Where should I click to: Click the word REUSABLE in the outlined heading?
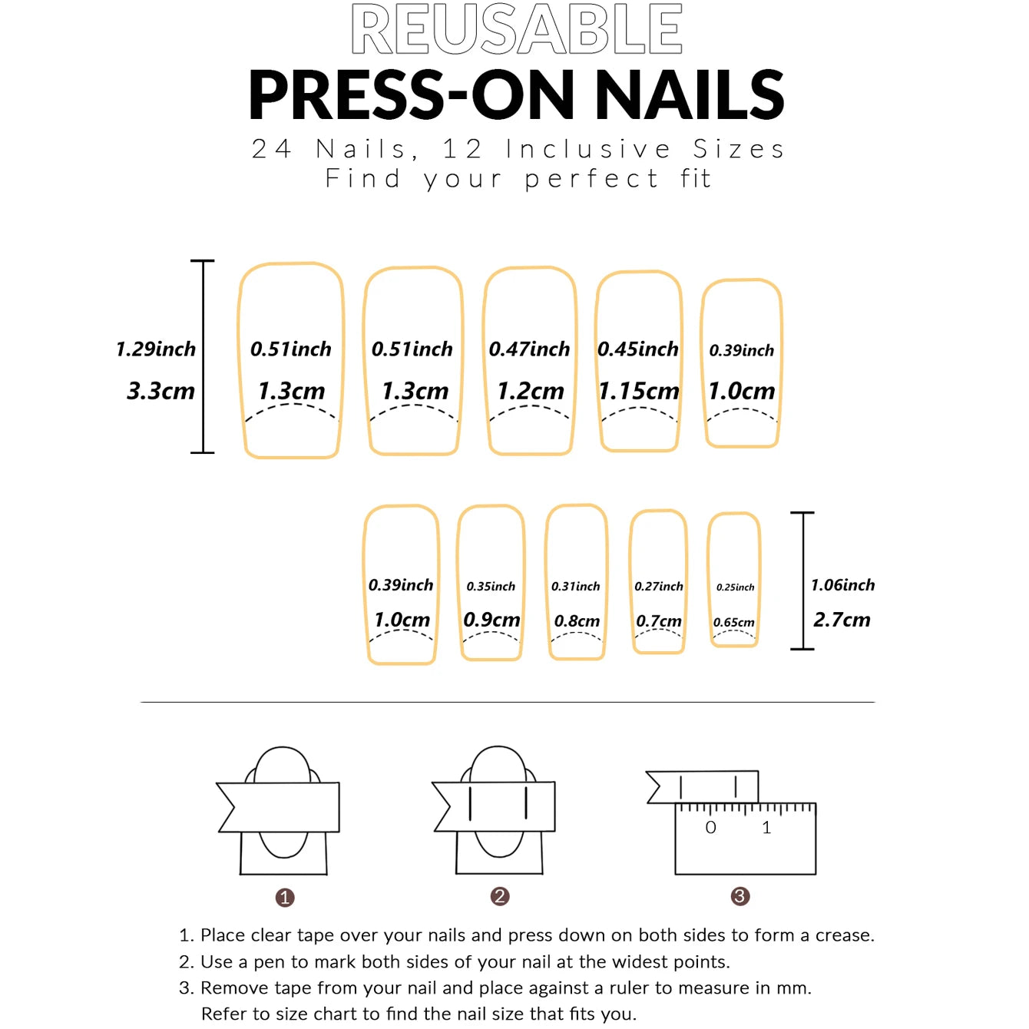pyautogui.click(x=517, y=29)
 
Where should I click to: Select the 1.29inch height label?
pyautogui.click(x=156, y=349)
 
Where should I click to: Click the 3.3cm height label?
pyautogui.click(x=160, y=391)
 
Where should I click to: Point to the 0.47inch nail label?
pyautogui.click(x=529, y=349)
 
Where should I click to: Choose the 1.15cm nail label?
pyautogui.click(x=639, y=391)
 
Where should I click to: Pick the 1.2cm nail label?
pyautogui.click(x=530, y=391)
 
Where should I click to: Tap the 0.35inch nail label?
pyautogui.click(x=491, y=587)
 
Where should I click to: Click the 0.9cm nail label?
pyautogui.click(x=491, y=620)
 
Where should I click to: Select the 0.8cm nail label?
pyautogui.click(x=577, y=620)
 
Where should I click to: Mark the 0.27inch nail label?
pyautogui.click(x=658, y=587)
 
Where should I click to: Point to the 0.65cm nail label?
pyautogui.click(x=733, y=623)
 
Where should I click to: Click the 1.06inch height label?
pyautogui.click(x=842, y=585)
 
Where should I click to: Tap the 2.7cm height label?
pyautogui.click(x=842, y=620)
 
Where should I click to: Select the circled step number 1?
pyautogui.click(x=285, y=898)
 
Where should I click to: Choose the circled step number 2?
pyautogui.click(x=500, y=896)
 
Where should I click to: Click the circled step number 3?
pyautogui.click(x=739, y=896)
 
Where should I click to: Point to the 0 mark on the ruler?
pyautogui.click(x=710, y=828)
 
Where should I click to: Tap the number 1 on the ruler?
pyautogui.click(x=766, y=828)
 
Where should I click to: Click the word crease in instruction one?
pyautogui.click(x=843, y=935)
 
